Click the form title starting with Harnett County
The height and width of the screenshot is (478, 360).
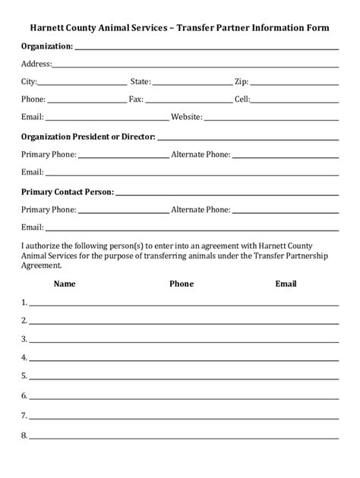coord(180,27)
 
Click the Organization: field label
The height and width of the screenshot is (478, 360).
coord(47,46)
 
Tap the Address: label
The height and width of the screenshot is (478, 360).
coord(36,64)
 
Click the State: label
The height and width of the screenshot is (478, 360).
coord(141,81)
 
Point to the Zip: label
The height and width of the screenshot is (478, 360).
coord(242,81)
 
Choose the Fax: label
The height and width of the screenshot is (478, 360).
coord(136,99)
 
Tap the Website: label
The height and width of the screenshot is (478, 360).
coord(187,118)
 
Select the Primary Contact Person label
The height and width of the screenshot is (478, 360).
coord(68,192)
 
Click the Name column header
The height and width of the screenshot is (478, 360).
coord(65,284)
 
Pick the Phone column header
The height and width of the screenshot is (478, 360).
coord(182,284)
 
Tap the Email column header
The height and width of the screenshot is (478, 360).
coord(286,284)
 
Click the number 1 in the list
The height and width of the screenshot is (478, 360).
coord(24,302)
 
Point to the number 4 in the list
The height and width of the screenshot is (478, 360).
coord(24,357)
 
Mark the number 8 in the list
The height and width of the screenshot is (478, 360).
coord(24,436)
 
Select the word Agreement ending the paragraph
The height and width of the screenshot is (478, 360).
coord(41,266)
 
